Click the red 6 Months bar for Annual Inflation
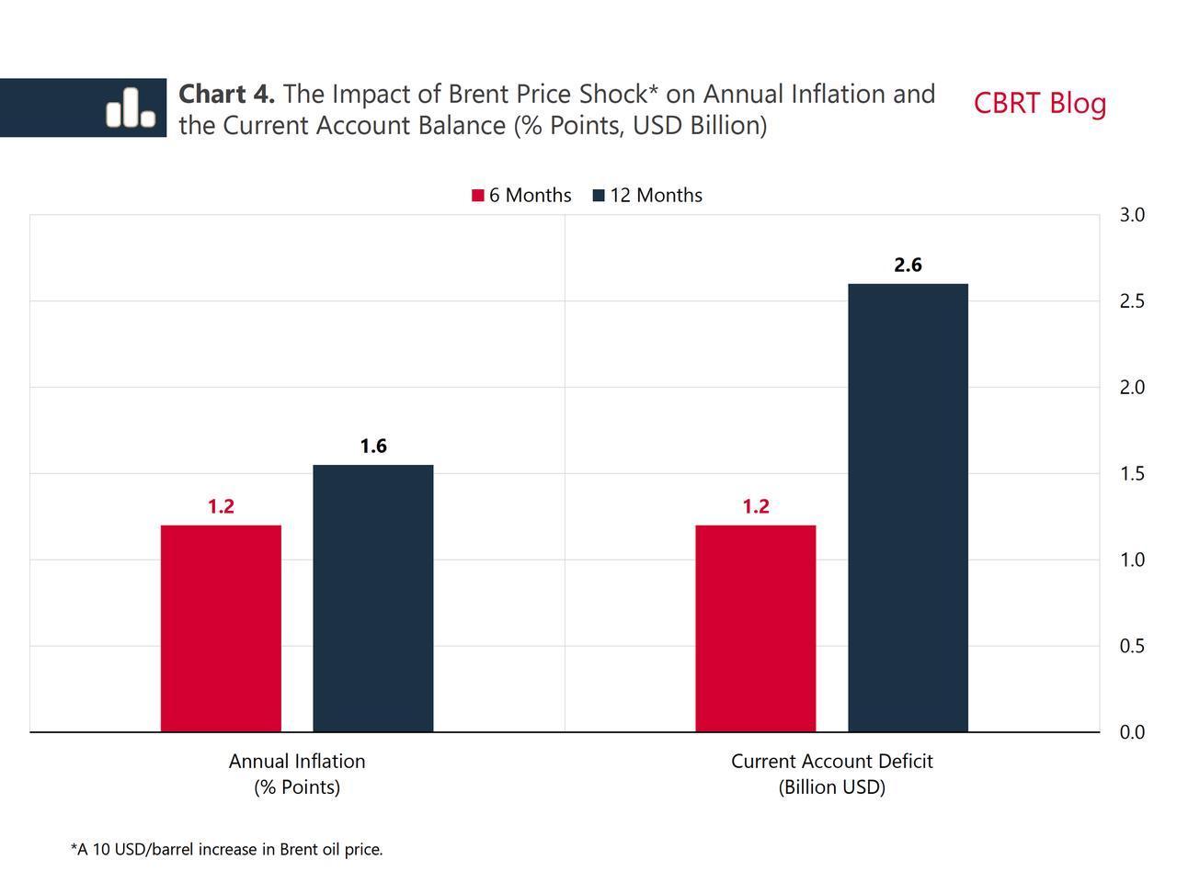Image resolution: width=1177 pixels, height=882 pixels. [x=221, y=628]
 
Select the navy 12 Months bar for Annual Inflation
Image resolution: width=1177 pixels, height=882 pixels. [x=372, y=598]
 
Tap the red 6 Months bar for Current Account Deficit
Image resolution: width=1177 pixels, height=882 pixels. [x=755, y=628]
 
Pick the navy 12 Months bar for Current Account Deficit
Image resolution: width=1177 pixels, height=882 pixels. [x=908, y=507]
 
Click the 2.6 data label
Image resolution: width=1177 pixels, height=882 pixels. [x=908, y=266]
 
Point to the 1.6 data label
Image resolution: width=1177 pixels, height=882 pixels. [x=372, y=447]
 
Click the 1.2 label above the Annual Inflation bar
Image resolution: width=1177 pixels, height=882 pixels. [x=221, y=506]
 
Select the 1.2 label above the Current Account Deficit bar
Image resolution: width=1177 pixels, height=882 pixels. [x=755, y=506]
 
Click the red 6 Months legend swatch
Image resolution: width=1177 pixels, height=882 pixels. [x=477, y=196]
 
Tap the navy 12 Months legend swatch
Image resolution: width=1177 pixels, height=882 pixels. [x=599, y=196]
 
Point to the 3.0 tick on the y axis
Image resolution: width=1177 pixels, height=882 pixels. [x=1132, y=215]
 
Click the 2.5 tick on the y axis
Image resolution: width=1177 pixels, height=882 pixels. [x=1132, y=301]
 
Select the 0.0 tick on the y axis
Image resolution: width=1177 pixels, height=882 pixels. [x=1132, y=732]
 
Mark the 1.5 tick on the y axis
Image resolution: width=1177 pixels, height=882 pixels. [x=1132, y=474]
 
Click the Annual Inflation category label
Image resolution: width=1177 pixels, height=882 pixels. [x=297, y=774]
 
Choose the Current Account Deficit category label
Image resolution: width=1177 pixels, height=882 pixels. [x=831, y=774]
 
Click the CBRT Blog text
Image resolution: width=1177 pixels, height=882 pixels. [x=1039, y=103]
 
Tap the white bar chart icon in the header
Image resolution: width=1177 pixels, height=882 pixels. [x=131, y=107]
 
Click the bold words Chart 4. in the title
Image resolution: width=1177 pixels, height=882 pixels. [x=226, y=94]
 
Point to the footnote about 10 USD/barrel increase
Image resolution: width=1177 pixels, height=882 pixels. [x=226, y=850]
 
